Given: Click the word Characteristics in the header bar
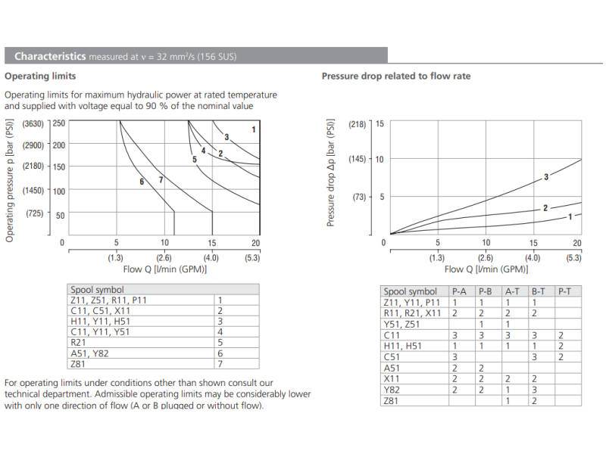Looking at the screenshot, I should coord(50,56).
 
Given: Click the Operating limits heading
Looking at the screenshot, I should coord(40,76).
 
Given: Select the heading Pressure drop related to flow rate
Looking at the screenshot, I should coord(396,76).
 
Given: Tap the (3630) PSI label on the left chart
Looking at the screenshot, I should coord(33,123).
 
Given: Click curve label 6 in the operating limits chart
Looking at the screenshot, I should coord(142,182).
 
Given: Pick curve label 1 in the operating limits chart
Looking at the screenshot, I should coord(254,129).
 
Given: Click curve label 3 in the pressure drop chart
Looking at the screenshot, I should coord(545,177).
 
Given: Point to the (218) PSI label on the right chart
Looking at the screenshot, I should coord(357,123).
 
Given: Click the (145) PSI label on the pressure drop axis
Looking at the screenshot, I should coord(357,159).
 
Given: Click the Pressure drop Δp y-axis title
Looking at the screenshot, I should coord(331,173).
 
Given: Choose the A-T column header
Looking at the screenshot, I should coord(513,291).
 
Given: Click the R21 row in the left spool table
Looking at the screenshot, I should coord(78,342).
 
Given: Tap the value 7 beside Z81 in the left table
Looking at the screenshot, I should coord(220,363).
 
